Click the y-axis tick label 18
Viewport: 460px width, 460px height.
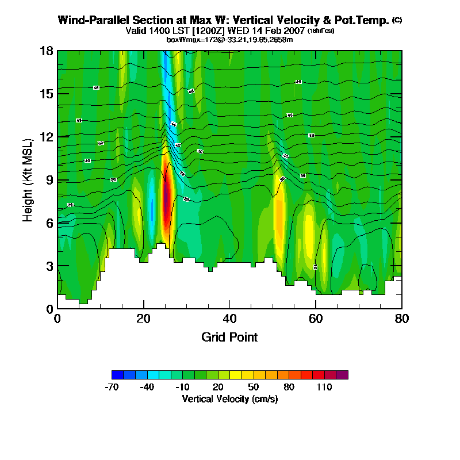[47, 51]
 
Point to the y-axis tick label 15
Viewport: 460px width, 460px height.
[47, 94]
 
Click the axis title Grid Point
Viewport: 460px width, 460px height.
[229, 337]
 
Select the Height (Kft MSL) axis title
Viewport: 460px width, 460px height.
[28, 179]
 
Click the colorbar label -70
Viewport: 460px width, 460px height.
[112, 387]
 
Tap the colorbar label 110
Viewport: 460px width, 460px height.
[324, 387]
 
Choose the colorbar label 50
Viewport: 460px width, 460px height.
[254, 387]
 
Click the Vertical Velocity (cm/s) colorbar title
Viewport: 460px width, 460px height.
[230, 398]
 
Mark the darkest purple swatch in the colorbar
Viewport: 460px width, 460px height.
[342, 375]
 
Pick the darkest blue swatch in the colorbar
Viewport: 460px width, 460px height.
[117, 375]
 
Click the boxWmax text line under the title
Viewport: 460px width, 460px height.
[229, 39]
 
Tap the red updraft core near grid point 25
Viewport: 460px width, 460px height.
[167, 201]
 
